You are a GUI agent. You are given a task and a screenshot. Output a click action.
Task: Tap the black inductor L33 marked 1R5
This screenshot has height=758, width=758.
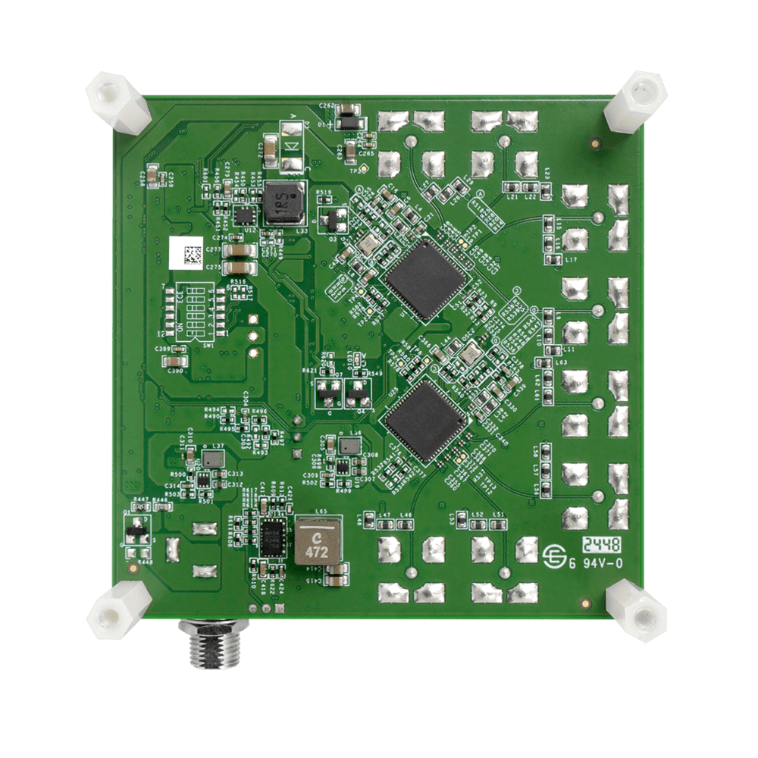(x=283, y=203)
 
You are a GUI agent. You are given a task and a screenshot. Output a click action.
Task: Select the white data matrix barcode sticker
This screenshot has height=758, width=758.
(x=186, y=252)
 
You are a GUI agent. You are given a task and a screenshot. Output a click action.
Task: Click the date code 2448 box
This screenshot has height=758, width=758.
(x=602, y=544)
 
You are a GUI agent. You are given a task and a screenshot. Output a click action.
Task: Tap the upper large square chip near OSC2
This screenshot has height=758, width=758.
(x=425, y=278)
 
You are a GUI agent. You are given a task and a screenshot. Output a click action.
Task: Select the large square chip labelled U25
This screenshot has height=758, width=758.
(x=424, y=421)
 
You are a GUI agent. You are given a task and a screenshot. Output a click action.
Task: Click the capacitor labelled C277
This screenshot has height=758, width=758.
(x=239, y=250)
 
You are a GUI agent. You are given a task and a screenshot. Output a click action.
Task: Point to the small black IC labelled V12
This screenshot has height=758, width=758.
(x=244, y=216)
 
